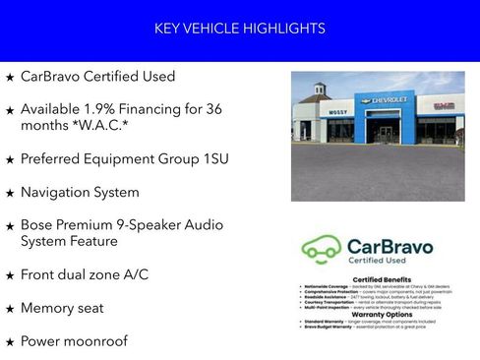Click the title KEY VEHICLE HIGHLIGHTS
pos(240,29)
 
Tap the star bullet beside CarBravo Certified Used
pos(10,77)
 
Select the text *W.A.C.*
pos(97,126)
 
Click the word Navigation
pos(58,192)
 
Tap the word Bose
pos(37,225)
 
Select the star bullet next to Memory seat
pos(10,309)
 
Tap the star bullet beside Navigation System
pos(10,193)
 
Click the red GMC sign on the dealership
pos(445,105)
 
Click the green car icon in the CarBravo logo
pos(321,247)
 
